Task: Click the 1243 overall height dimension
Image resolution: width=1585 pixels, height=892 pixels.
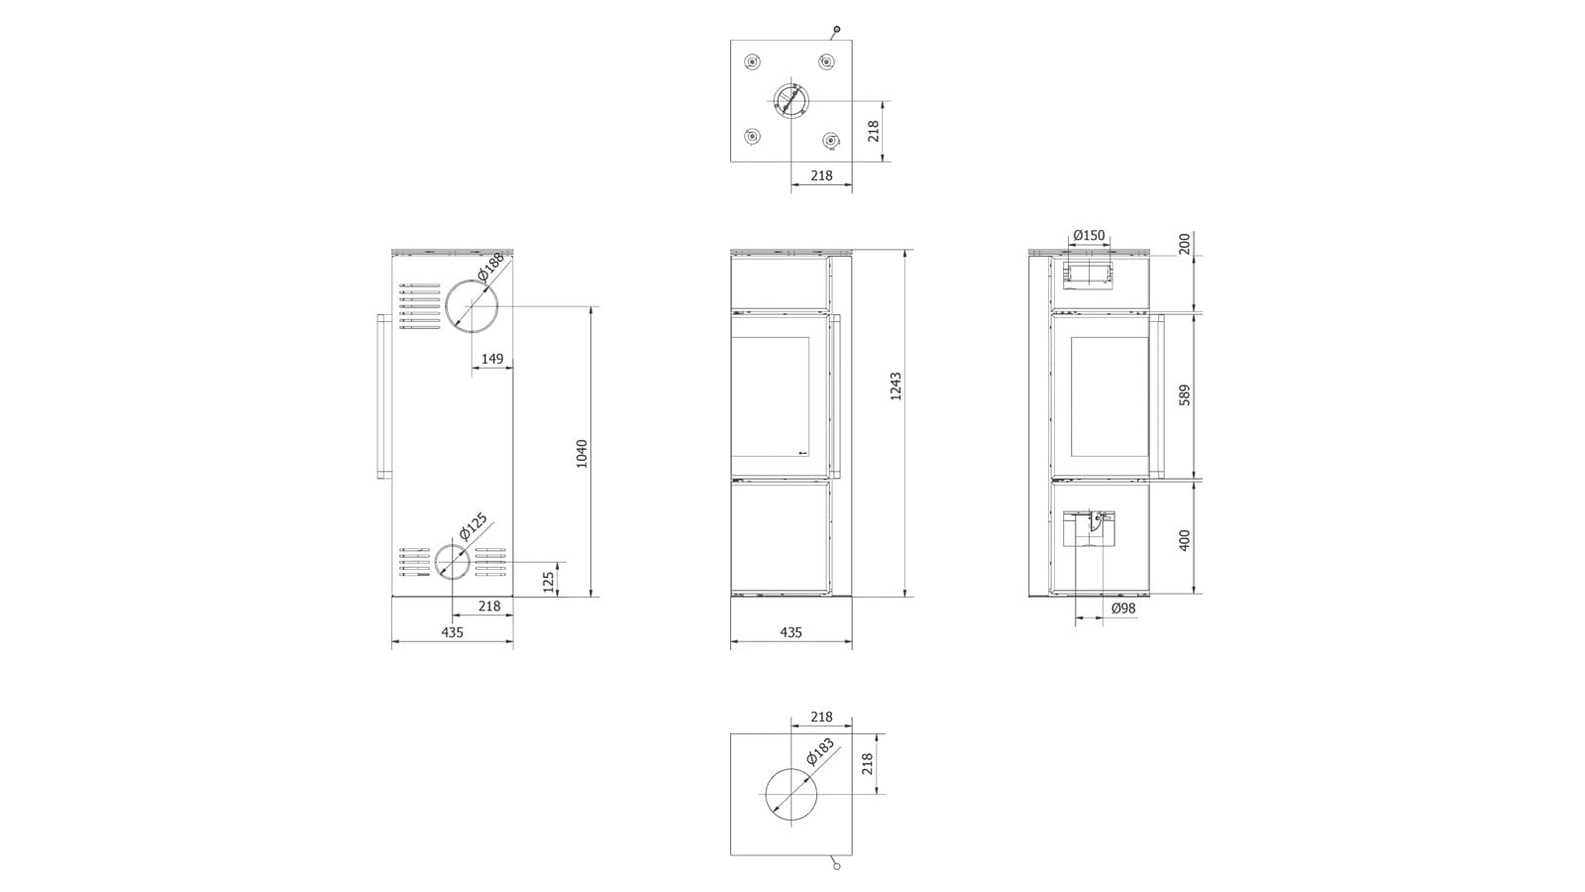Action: point(896,387)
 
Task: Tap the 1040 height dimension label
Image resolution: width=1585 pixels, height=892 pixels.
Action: point(581,454)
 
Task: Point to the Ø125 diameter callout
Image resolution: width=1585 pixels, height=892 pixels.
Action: point(474,526)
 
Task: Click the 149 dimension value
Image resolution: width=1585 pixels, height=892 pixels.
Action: point(492,359)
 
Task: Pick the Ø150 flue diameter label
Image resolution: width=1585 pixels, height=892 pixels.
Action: point(1089,235)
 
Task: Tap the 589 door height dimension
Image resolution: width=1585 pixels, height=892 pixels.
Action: point(1185,395)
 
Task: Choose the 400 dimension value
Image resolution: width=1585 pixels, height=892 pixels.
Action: point(1185,540)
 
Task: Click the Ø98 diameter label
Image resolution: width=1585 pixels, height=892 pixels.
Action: point(1123,609)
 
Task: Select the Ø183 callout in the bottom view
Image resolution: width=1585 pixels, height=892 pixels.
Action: point(821,752)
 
